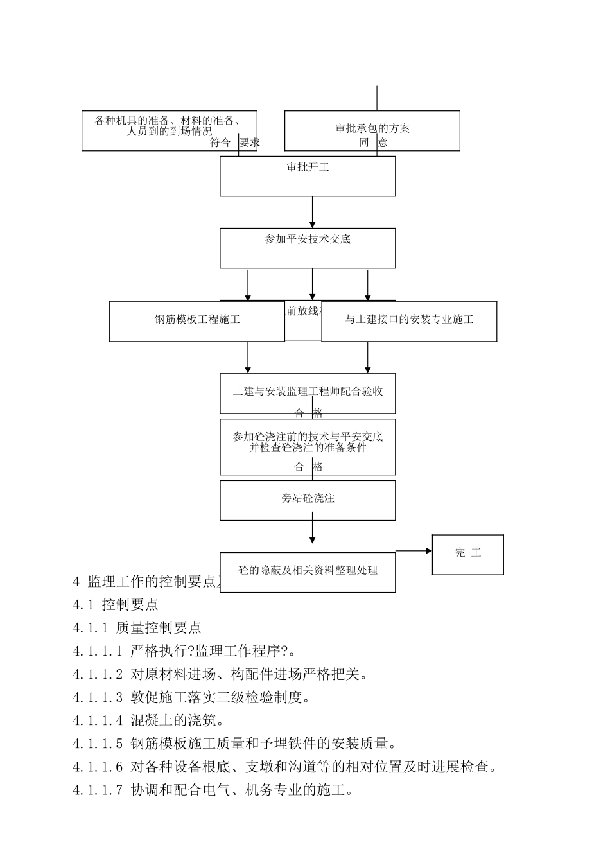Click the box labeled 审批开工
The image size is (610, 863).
pyautogui.click(x=308, y=176)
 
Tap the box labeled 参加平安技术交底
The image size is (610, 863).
pyautogui.click(x=308, y=248)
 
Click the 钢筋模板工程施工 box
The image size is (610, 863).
pyautogui.click(x=196, y=320)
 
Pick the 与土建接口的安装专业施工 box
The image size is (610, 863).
pyautogui.click(x=409, y=320)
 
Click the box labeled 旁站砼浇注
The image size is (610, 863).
pyautogui.click(x=308, y=500)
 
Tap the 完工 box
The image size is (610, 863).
pyautogui.click(x=467, y=554)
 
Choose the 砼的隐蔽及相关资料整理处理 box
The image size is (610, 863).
pyautogui.click(x=308, y=571)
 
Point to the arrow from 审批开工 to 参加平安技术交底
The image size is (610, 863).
pyautogui.click(x=313, y=212)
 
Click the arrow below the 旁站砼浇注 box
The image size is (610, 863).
pyautogui.click(x=313, y=532)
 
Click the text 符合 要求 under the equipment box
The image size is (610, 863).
pyautogui.click(x=234, y=143)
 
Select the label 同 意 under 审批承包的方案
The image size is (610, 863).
pyautogui.click(x=373, y=143)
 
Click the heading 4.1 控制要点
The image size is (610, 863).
pyautogui.click(x=116, y=604)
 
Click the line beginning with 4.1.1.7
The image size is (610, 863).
pyautogui.click(x=213, y=790)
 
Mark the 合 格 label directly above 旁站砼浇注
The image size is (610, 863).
pyautogui.click(x=309, y=467)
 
